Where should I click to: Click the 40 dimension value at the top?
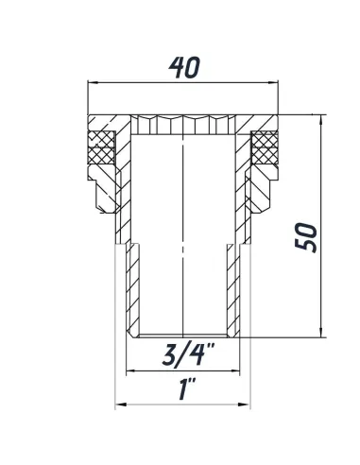[x=184, y=68]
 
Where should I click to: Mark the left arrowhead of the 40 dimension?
[x=91, y=83]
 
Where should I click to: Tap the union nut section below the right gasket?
[x=266, y=179]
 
